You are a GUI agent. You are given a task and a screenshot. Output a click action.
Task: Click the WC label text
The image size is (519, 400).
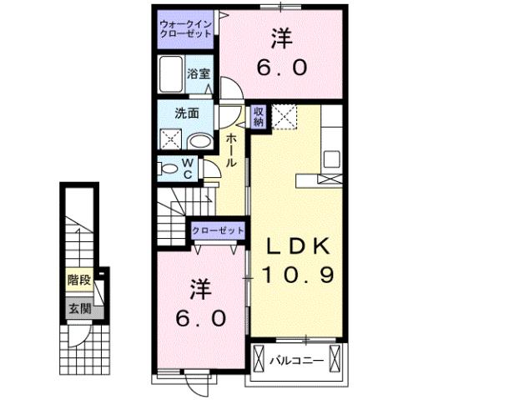[x=189, y=168]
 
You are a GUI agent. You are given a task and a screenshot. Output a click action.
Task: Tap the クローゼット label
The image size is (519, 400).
[x=219, y=230]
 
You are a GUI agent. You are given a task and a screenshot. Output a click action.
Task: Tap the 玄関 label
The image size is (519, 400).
[x=78, y=308]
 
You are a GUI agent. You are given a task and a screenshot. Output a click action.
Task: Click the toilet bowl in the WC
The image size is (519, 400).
[x=169, y=168]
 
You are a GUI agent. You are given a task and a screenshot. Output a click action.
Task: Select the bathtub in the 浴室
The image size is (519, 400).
[x=174, y=74]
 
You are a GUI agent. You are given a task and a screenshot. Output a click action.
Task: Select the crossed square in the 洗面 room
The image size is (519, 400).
[x=171, y=140]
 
